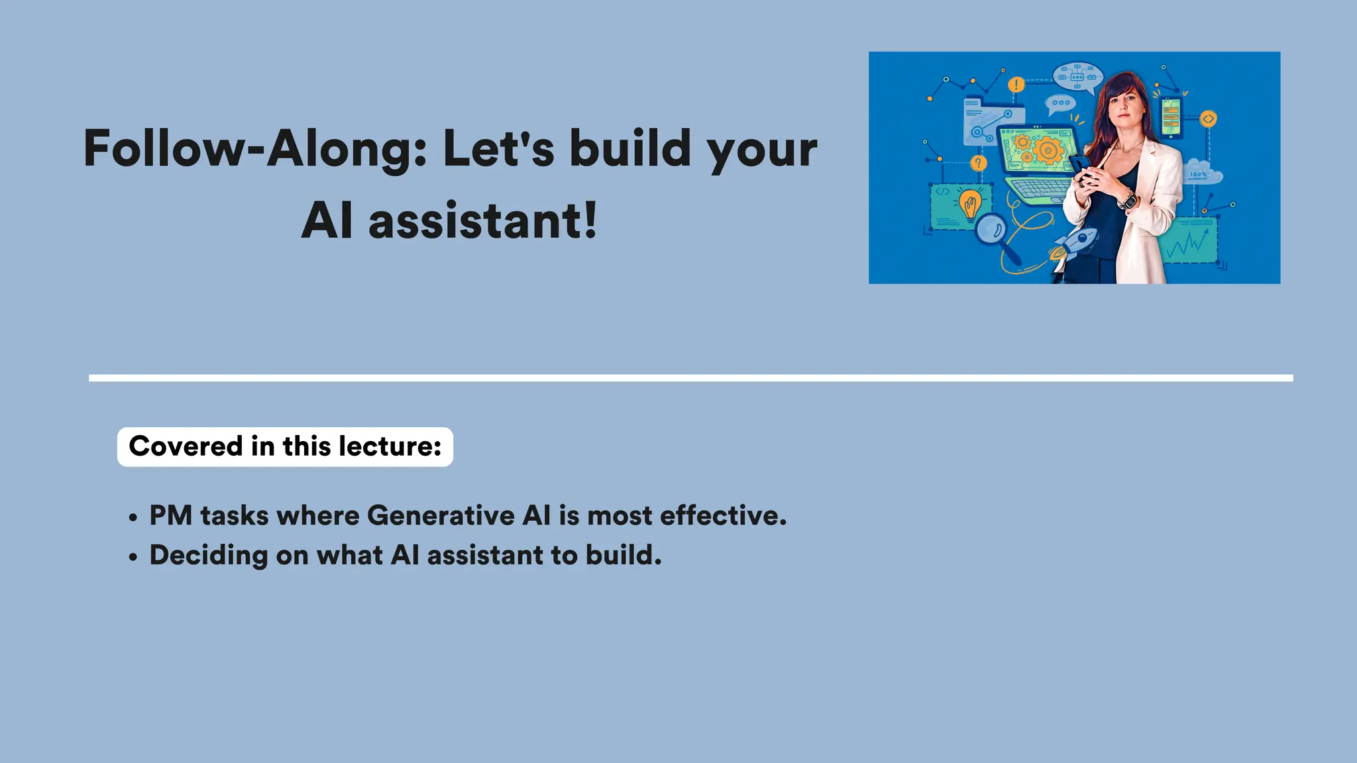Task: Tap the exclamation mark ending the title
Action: (590, 221)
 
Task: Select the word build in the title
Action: (630, 148)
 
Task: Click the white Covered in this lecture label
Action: (285, 446)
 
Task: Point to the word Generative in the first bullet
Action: (441, 515)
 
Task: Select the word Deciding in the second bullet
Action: (208, 555)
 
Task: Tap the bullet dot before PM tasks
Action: (133, 517)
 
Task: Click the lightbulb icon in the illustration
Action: (970, 204)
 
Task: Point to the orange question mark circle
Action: (978, 163)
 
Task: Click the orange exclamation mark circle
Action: (1016, 85)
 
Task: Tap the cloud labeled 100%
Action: (1202, 173)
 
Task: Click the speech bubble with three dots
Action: (1060, 103)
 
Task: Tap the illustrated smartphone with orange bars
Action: (1171, 117)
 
